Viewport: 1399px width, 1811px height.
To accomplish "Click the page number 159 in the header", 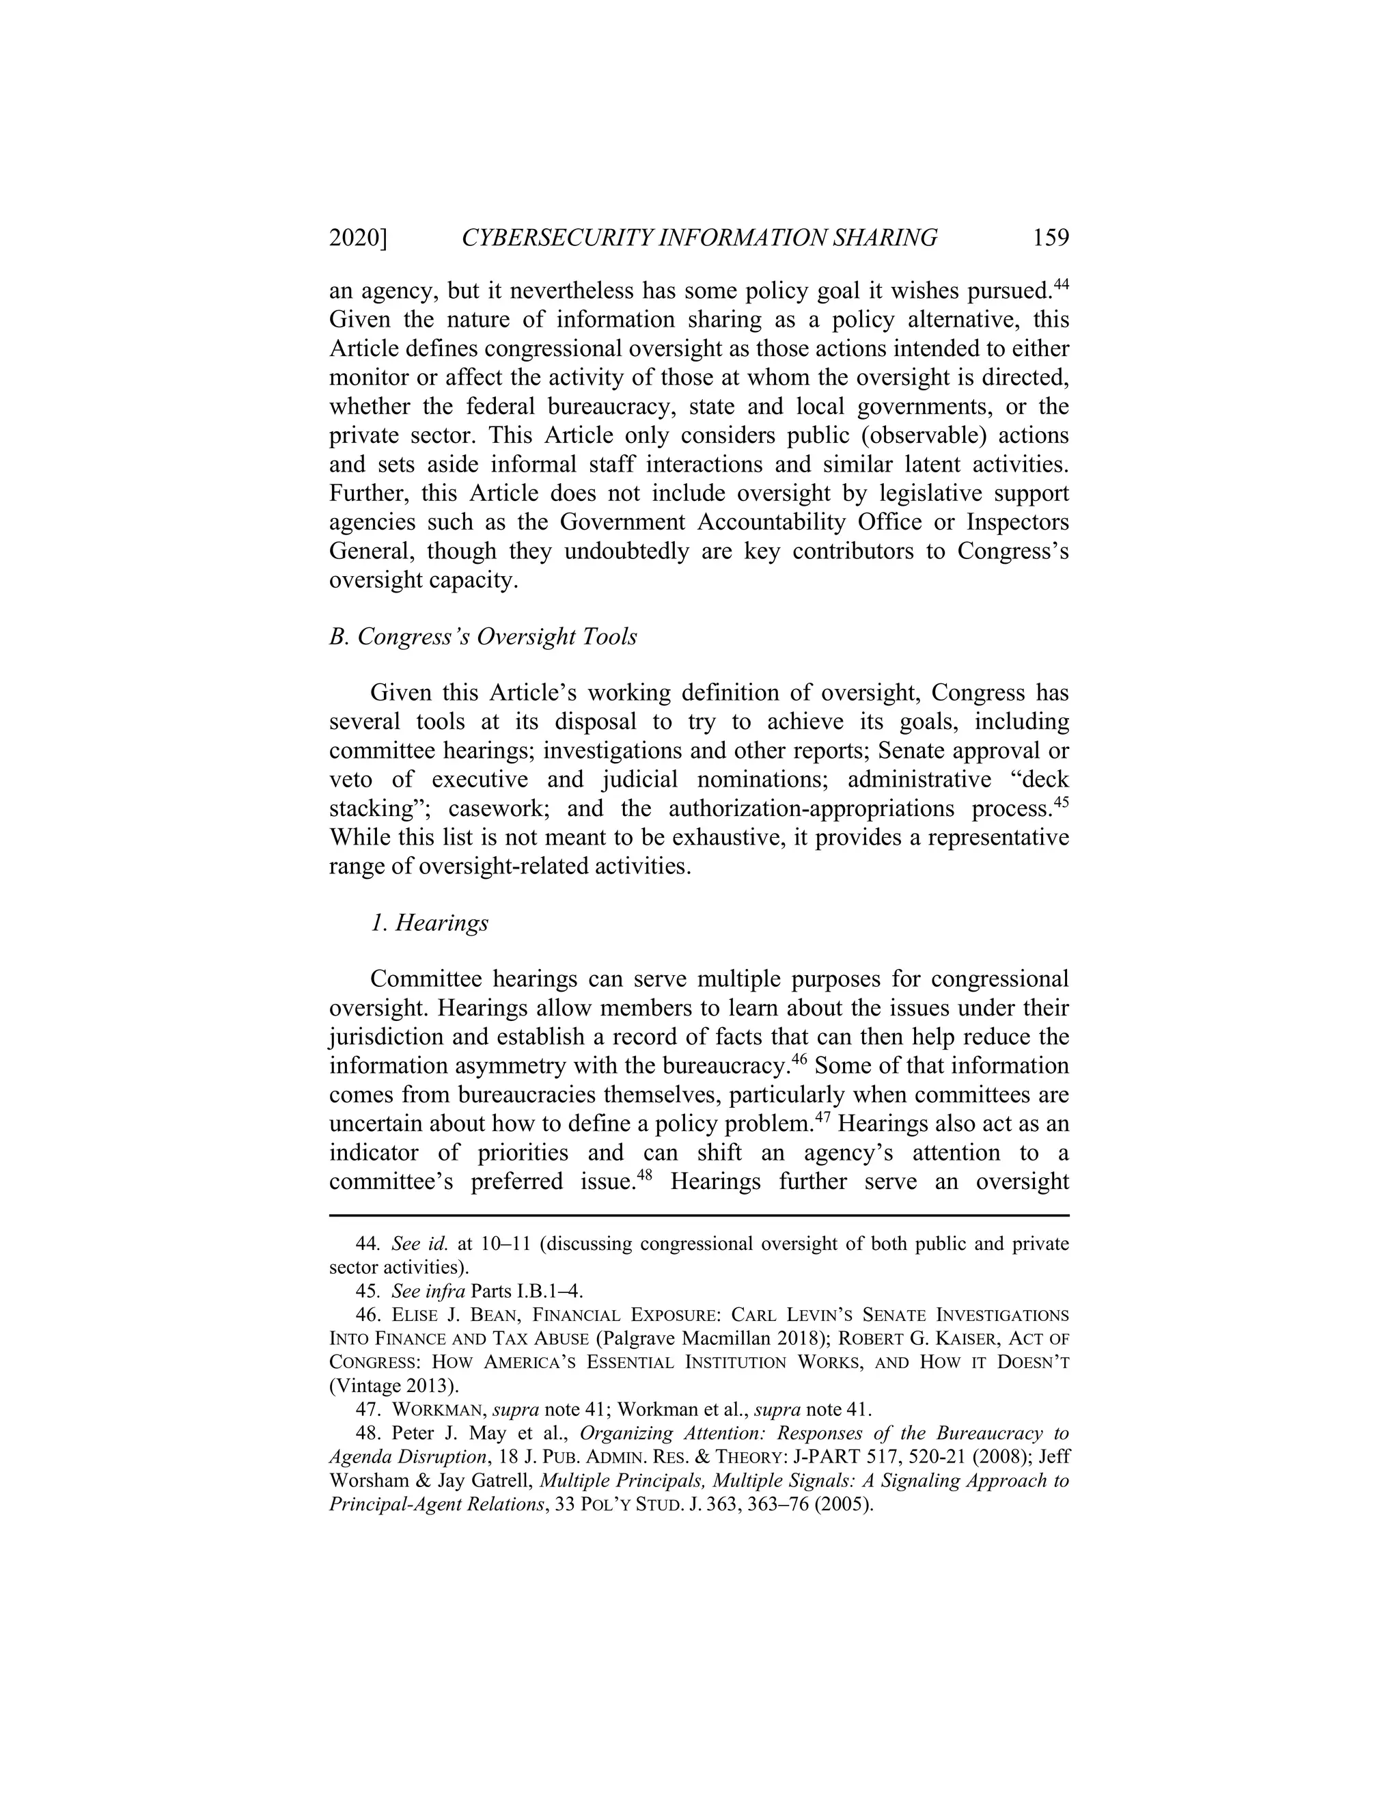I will tap(1050, 238).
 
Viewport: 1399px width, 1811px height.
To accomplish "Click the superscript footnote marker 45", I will tap(1061, 802).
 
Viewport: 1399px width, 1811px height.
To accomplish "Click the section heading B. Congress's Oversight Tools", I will tap(483, 637).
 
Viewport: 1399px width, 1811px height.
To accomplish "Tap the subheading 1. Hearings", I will tap(429, 923).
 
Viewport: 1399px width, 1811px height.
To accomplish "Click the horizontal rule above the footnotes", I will tap(699, 1216).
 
